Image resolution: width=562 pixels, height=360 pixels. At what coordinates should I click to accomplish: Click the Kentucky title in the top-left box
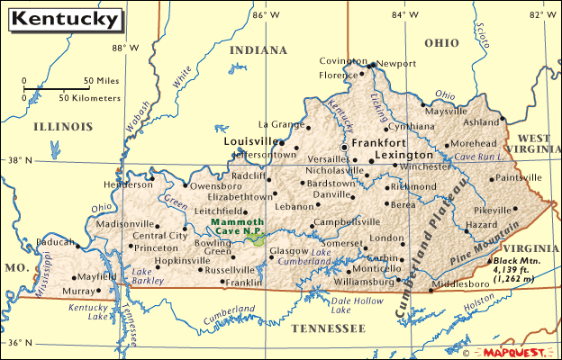[x=68, y=18]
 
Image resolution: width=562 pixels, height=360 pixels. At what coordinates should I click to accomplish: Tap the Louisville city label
[x=250, y=142]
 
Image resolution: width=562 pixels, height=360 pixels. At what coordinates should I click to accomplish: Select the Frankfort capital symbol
[x=343, y=146]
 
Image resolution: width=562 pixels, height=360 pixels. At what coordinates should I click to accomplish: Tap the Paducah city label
[x=55, y=241]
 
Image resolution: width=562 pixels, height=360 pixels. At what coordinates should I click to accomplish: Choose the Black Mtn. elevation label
[x=517, y=266]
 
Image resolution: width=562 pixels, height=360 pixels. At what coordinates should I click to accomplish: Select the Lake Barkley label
[x=142, y=275]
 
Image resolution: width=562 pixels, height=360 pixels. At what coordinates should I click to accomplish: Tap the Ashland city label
[x=480, y=121]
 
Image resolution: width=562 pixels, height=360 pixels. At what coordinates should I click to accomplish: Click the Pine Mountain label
[x=485, y=240]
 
